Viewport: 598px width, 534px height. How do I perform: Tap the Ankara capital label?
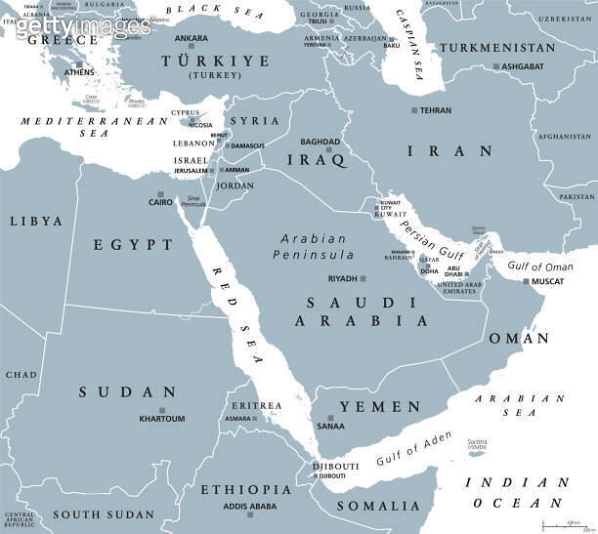[191, 38]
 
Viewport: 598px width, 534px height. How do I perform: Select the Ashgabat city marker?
[496, 66]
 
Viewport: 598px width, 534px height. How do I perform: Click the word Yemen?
[380, 406]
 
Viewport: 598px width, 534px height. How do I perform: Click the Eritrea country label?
[255, 405]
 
